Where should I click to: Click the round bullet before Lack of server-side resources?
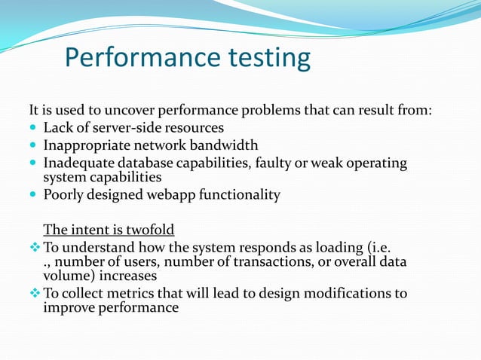coord(34,128)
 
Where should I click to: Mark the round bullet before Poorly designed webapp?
coord(34,195)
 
